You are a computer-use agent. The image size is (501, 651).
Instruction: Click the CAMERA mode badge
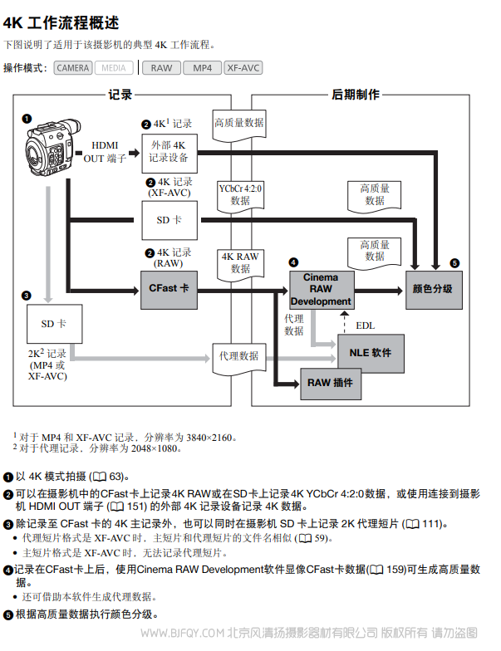click(73, 68)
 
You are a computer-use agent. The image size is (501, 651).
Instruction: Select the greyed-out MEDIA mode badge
click(114, 68)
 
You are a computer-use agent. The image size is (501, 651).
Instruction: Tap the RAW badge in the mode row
click(161, 68)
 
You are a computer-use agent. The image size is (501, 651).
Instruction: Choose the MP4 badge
click(202, 68)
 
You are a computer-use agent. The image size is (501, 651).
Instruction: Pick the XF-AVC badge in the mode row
click(243, 68)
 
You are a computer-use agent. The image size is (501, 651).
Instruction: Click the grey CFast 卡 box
click(169, 288)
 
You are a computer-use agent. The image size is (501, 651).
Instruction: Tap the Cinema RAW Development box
click(321, 289)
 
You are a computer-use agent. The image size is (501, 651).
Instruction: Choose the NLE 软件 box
click(371, 353)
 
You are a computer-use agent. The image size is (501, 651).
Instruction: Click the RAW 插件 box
click(331, 383)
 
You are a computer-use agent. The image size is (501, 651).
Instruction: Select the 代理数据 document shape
click(239, 357)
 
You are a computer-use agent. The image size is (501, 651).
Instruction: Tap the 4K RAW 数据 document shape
click(240, 262)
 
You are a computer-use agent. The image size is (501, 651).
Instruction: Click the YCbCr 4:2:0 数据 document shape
click(240, 195)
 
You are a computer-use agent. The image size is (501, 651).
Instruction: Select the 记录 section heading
click(120, 95)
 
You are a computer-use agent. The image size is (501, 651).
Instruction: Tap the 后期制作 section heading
click(356, 95)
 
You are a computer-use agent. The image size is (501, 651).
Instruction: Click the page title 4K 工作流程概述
click(61, 22)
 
